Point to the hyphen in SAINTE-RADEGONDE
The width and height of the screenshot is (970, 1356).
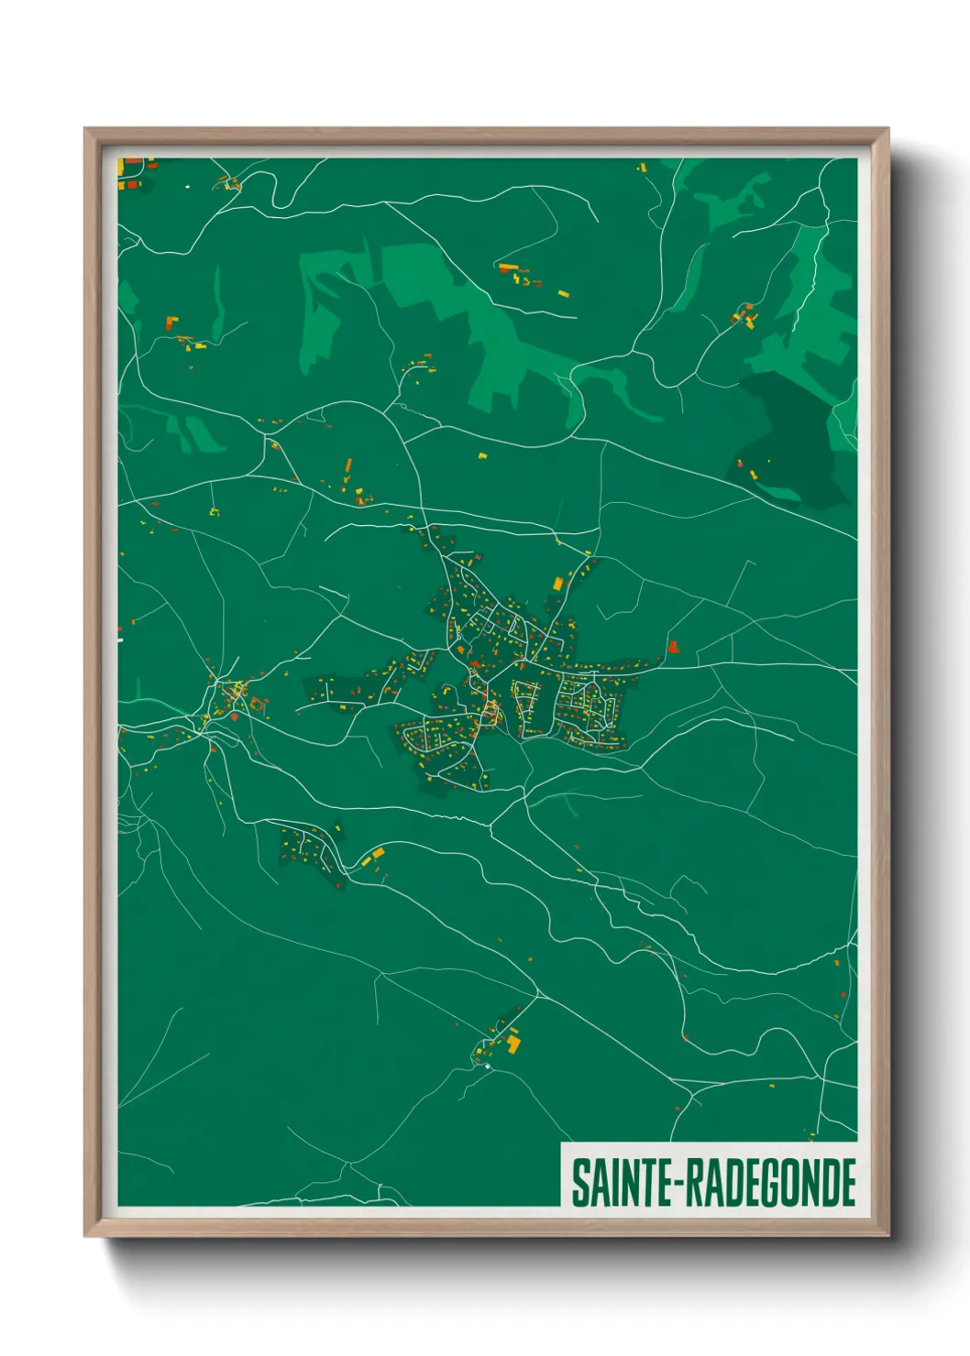click(681, 1185)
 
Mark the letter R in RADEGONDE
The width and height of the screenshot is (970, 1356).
click(696, 1183)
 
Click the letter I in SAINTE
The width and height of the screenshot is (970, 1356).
click(614, 1183)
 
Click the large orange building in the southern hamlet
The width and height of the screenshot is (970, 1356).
click(513, 1044)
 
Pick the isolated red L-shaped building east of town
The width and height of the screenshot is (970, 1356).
click(673, 647)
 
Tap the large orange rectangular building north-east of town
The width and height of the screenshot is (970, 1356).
click(557, 583)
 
